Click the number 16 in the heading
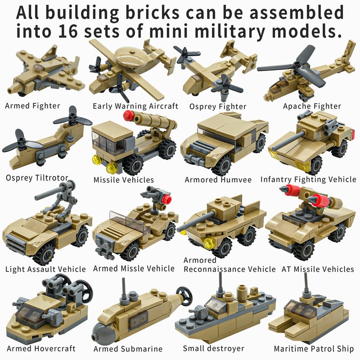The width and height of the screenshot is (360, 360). pyautogui.click(x=68, y=31)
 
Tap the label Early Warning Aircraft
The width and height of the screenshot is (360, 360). pyautogui.click(x=135, y=106)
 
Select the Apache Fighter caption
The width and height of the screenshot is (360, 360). pyautogui.click(x=312, y=106)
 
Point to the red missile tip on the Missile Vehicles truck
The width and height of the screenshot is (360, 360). pyautogui.click(x=127, y=115)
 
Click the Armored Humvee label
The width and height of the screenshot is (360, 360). pyautogui.click(x=218, y=180)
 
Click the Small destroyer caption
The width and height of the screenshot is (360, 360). pyautogui.click(x=213, y=348)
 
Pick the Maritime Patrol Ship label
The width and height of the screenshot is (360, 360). pyautogui.click(x=314, y=349)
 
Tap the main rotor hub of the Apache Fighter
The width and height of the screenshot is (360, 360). pyautogui.click(x=298, y=66)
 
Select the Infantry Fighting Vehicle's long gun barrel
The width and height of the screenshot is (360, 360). pyautogui.click(x=288, y=140)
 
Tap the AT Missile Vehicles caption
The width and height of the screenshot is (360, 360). pyautogui.click(x=318, y=269)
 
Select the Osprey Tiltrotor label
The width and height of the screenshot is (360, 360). pyautogui.click(x=37, y=178)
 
